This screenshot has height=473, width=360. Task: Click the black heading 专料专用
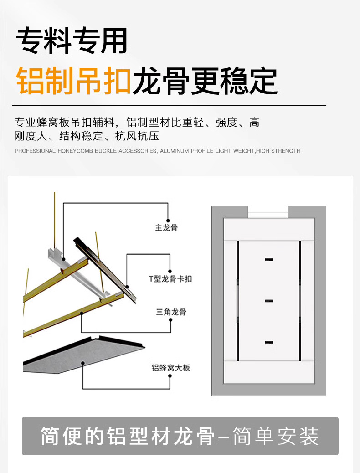(x=72, y=41)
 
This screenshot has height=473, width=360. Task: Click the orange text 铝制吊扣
(x=74, y=81)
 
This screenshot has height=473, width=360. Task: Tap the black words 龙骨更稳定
(x=205, y=81)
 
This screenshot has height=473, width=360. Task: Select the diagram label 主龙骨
(x=166, y=227)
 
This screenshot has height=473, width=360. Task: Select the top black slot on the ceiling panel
(x=269, y=260)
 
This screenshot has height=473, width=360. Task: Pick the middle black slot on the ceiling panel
(x=269, y=301)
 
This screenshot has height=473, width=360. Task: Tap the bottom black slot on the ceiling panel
(x=269, y=341)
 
